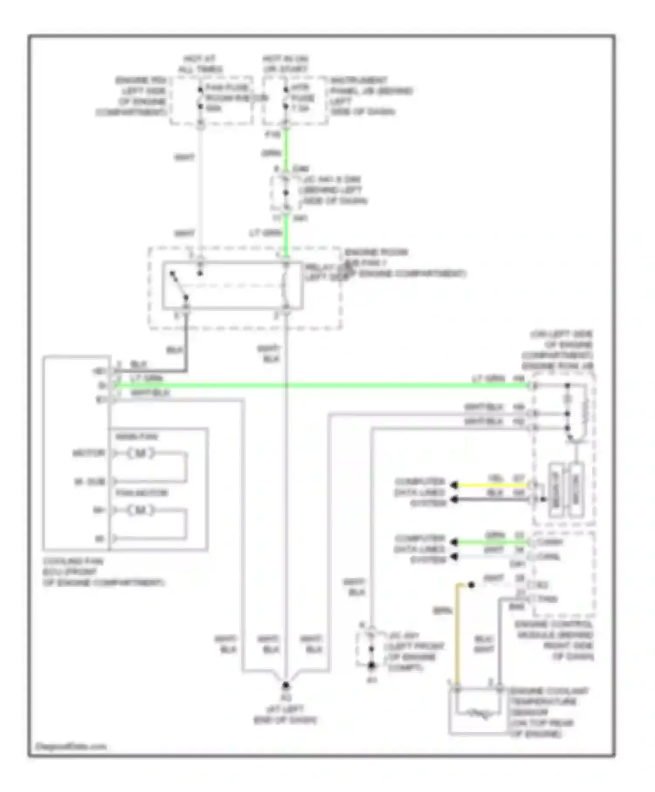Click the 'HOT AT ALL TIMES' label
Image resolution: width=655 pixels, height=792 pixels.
click(x=200, y=64)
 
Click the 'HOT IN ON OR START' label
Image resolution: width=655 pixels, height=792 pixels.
click(x=285, y=64)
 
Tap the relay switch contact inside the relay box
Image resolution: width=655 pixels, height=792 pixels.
click(x=179, y=286)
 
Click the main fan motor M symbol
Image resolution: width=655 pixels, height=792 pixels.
click(x=141, y=453)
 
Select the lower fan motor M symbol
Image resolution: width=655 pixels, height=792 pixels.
click(x=141, y=510)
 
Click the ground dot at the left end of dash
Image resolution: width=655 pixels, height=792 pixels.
click(x=286, y=685)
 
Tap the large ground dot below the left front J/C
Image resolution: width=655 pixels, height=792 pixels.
click(x=371, y=665)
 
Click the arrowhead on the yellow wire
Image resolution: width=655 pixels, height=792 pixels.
click(x=454, y=485)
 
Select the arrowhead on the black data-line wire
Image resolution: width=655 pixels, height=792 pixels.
click(x=454, y=499)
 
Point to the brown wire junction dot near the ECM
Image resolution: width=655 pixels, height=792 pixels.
click(x=471, y=585)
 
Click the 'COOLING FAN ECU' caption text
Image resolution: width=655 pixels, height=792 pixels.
click(x=103, y=572)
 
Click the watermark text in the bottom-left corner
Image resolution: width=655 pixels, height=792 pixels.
click(x=71, y=746)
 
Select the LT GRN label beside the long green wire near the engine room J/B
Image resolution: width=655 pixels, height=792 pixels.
click(x=488, y=378)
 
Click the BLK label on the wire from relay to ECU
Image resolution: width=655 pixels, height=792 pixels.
click(x=174, y=350)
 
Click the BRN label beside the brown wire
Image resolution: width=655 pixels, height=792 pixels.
click(x=442, y=611)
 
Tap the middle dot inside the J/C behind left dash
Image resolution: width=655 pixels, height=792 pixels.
click(x=286, y=193)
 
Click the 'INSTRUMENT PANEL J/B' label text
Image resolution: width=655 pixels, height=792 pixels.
click(x=371, y=96)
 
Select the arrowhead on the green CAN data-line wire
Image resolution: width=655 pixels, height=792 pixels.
click(x=454, y=542)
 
